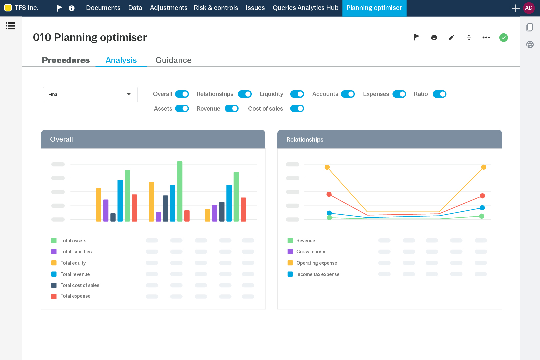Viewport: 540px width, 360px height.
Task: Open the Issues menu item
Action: [x=255, y=8]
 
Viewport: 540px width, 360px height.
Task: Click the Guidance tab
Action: [x=173, y=60]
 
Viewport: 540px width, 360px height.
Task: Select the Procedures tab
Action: [x=66, y=60]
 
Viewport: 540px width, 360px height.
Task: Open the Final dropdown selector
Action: [x=90, y=95]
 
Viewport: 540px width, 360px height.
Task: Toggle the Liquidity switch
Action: [x=297, y=94]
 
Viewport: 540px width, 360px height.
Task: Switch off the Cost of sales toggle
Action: [x=297, y=109]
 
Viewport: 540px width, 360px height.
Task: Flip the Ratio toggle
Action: [x=439, y=94]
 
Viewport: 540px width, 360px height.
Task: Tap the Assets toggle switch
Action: [x=182, y=109]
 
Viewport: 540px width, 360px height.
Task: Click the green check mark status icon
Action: [x=503, y=38]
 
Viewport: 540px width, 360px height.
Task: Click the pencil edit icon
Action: [x=451, y=38]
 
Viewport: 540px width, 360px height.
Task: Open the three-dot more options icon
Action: [x=486, y=38]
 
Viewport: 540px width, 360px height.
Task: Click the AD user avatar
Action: [x=529, y=8]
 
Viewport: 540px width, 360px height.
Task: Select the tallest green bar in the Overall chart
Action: [x=180, y=191]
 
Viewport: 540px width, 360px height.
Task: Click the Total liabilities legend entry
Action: [x=76, y=252]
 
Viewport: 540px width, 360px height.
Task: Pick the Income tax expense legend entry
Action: [x=317, y=274]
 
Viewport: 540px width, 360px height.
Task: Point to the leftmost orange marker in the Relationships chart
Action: [x=327, y=167]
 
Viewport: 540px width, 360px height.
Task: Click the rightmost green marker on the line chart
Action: [x=481, y=216]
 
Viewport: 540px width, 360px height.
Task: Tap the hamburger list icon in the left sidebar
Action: [x=10, y=26]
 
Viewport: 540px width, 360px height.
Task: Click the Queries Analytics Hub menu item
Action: [x=305, y=8]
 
